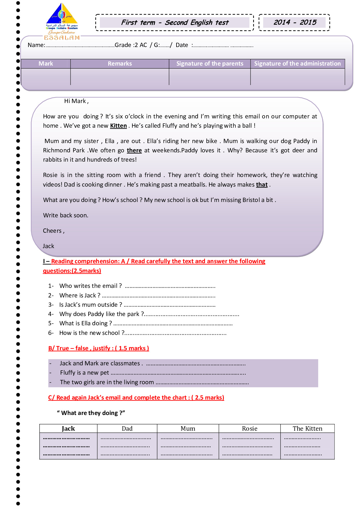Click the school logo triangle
62,15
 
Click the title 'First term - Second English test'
174,22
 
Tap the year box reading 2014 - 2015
294,22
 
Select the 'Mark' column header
46,64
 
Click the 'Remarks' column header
120,64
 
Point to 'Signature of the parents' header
210,64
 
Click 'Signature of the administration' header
297,64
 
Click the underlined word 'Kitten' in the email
118,126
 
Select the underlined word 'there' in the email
134,151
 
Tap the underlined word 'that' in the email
262,185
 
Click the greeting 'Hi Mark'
76,101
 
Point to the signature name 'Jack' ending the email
48,246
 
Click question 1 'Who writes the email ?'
90,286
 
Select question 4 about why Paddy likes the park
101,314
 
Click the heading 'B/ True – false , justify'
98,348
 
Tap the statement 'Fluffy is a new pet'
84,373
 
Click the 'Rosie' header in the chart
249,429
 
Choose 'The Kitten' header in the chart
307,429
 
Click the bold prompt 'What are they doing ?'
91,413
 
